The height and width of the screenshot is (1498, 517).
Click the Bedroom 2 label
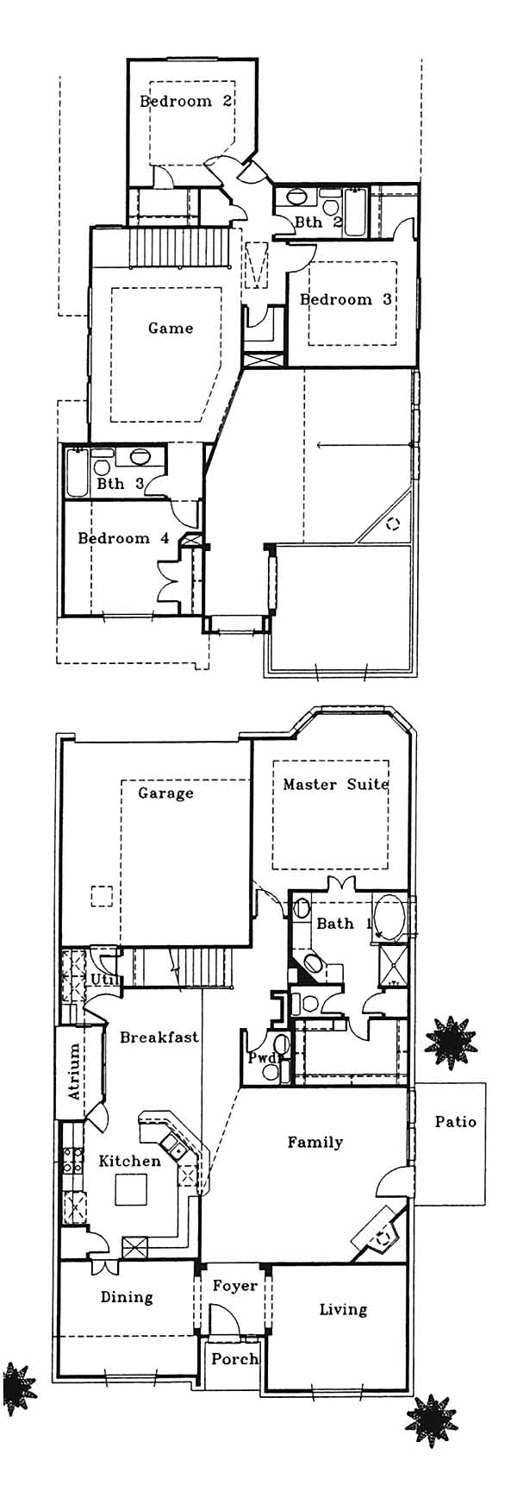(186, 101)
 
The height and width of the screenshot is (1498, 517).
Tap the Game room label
(171, 328)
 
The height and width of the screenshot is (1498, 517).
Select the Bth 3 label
(120, 484)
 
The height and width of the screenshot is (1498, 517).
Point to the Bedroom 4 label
(124, 538)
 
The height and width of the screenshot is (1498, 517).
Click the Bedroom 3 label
(346, 299)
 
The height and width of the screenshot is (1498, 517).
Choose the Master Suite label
(336, 784)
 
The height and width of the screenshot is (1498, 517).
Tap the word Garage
(165, 793)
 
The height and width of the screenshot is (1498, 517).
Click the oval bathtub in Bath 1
(392, 916)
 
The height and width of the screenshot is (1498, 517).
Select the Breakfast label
(159, 1037)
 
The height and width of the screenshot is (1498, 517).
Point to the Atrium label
(74, 1071)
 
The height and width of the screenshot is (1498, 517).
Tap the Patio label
(455, 1121)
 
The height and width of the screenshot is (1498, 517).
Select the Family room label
(315, 1142)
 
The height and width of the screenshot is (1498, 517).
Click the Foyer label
(235, 1285)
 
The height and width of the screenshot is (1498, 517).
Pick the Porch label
(235, 1358)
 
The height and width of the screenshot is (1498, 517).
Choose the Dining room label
(127, 1296)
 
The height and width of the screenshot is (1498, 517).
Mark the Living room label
(343, 1309)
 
